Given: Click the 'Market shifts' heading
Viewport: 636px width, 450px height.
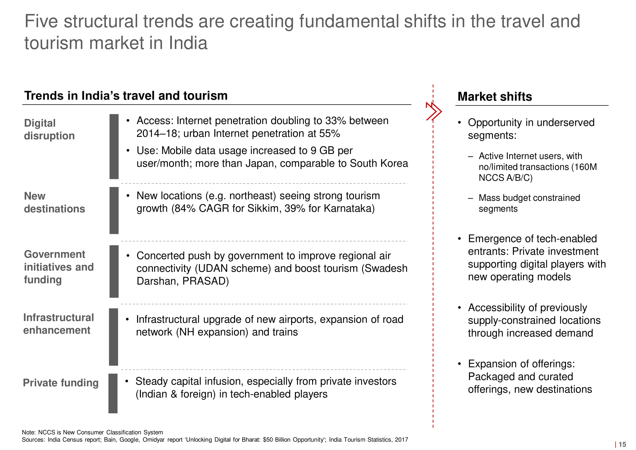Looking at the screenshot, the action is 495,96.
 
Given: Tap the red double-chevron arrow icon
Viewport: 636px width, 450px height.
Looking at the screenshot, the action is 434,111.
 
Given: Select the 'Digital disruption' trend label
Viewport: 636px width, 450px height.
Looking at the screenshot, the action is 49,130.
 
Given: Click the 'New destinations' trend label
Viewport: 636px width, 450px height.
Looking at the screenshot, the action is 55,202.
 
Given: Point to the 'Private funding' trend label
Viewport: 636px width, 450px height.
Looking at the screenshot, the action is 61,383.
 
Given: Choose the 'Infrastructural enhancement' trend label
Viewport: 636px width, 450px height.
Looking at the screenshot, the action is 58,324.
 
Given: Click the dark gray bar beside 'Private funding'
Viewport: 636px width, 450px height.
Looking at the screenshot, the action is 113,393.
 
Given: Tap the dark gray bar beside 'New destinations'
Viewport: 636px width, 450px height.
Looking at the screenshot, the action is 114,210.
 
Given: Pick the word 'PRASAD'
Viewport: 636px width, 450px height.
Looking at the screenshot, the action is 204,281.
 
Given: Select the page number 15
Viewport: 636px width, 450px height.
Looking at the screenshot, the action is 622,445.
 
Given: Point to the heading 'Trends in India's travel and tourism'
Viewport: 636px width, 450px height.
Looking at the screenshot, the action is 126,95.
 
